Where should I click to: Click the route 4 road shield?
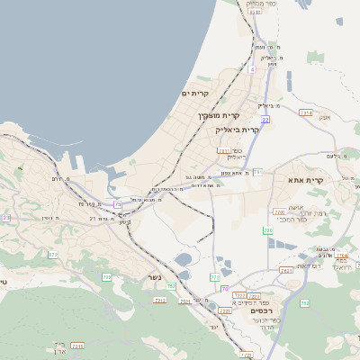253,68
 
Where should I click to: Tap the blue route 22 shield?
265,118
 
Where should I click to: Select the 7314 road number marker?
306,113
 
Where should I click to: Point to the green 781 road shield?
256,171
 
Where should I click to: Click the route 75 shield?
117,205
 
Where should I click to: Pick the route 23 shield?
6,218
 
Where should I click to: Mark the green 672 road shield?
52,255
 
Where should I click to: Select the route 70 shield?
225,289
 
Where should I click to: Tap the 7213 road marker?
160,299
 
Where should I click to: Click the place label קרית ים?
195,94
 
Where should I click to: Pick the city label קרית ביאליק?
238,130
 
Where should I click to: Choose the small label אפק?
326,118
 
